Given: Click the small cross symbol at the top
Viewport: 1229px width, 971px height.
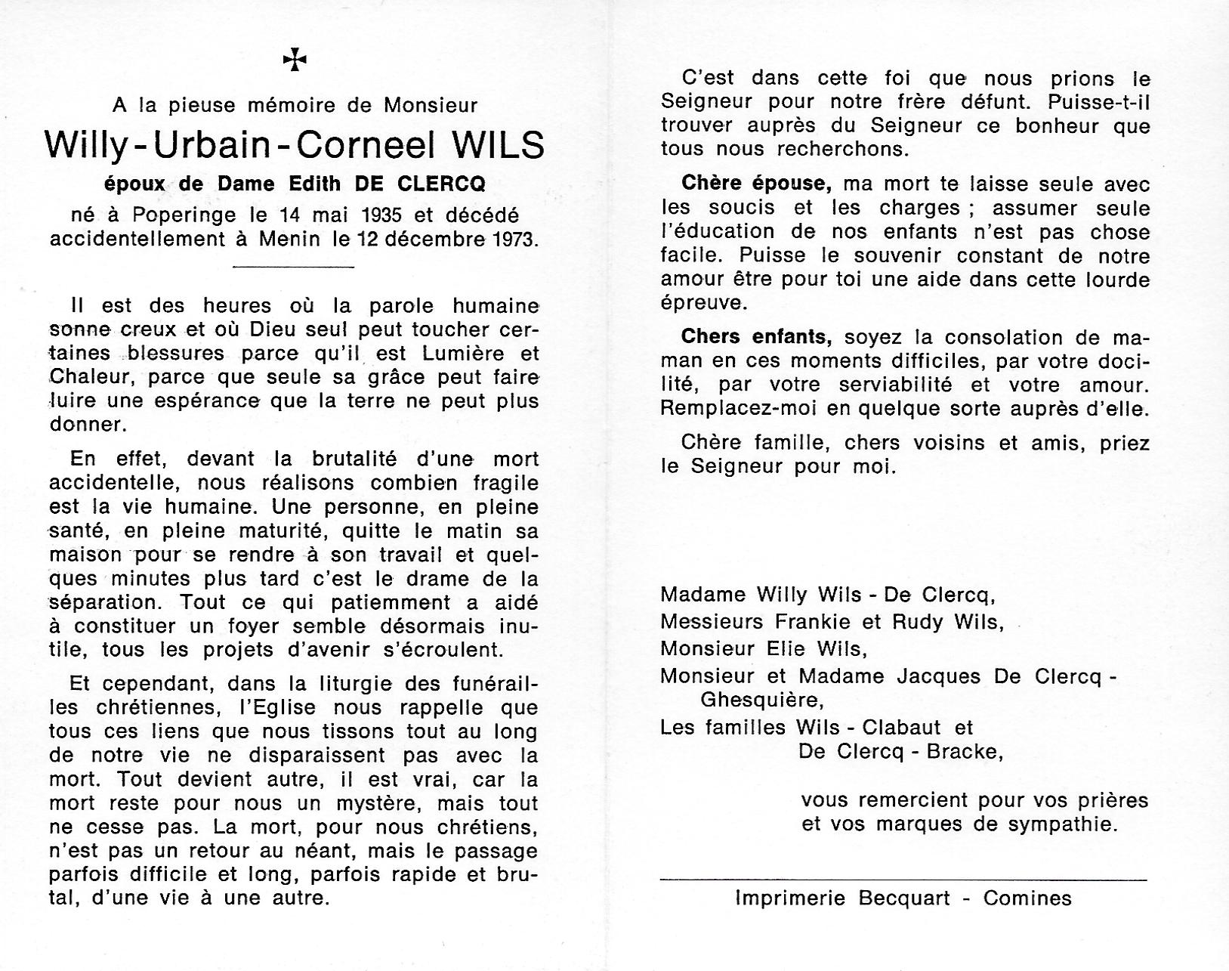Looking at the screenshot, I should (x=295, y=60).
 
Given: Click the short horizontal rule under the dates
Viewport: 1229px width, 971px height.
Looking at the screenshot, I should (x=294, y=267).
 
